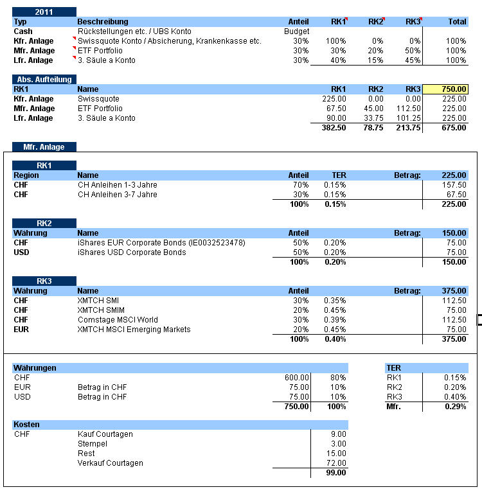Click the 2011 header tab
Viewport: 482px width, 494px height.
[x=44, y=12]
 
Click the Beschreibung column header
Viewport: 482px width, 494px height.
[x=102, y=22]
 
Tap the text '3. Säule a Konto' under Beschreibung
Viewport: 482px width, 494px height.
[x=106, y=60]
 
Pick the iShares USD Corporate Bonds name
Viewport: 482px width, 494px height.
[x=132, y=252]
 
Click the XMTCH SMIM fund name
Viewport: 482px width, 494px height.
[x=98, y=310]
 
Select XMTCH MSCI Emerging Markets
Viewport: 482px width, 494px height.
[x=134, y=330]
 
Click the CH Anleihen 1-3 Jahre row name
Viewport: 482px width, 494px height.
[x=117, y=185]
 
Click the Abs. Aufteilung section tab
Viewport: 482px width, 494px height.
[x=44, y=80]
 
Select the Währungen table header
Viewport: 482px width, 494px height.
[x=35, y=368]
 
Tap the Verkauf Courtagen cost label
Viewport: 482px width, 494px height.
[x=110, y=463]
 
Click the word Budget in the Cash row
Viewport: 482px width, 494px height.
[x=296, y=31]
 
